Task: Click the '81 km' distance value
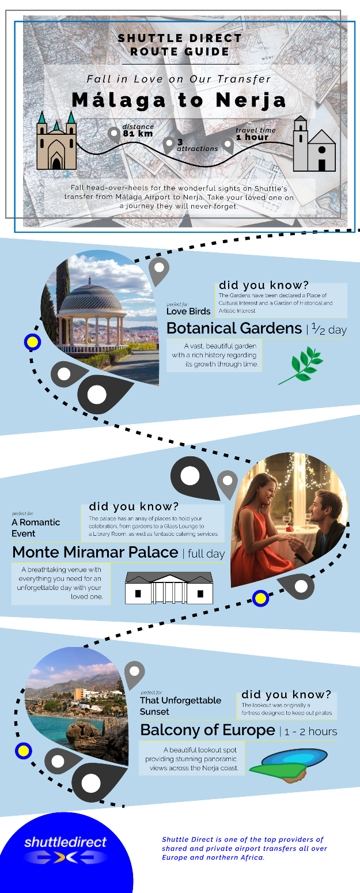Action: click(138, 134)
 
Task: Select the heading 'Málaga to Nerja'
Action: click(179, 100)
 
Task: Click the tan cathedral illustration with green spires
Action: click(56, 141)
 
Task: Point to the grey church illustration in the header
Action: click(314, 144)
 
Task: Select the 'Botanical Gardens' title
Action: click(234, 328)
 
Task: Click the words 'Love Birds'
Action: click(188, 311)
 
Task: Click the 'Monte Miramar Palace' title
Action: click(95, 552)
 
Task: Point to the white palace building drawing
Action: click(169, 588)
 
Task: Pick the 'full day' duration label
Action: click(206, 554)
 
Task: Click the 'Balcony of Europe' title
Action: click(208, 730)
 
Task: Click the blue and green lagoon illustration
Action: click(289, 766)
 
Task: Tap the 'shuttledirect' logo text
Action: click(66, 842)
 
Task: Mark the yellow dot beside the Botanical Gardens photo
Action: click(32, 342)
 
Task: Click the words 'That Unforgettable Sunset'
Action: click(180, 706)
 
